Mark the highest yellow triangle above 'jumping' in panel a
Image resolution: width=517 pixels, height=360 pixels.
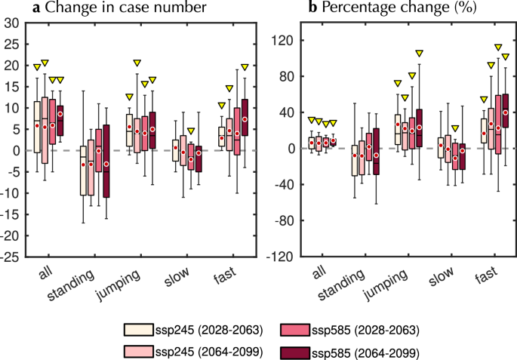[x=137, y=63]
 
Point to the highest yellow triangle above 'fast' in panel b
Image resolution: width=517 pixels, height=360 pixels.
[x=498, y=48]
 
